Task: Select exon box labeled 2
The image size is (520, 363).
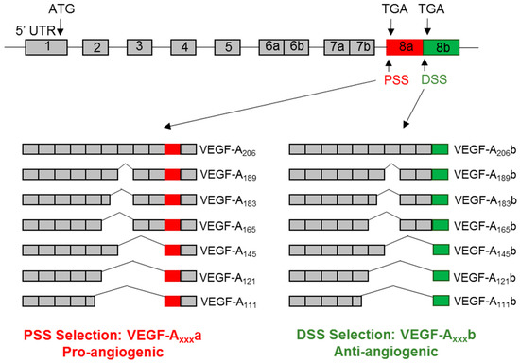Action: pyautogui.click(x=96, y=47)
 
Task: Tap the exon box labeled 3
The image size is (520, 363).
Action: pyautogui.click(x=140, y=46)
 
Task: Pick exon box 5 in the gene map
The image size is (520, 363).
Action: pyautogui.click(x=228, y=47)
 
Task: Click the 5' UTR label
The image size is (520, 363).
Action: pyautogui.click(x=30, y=29)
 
